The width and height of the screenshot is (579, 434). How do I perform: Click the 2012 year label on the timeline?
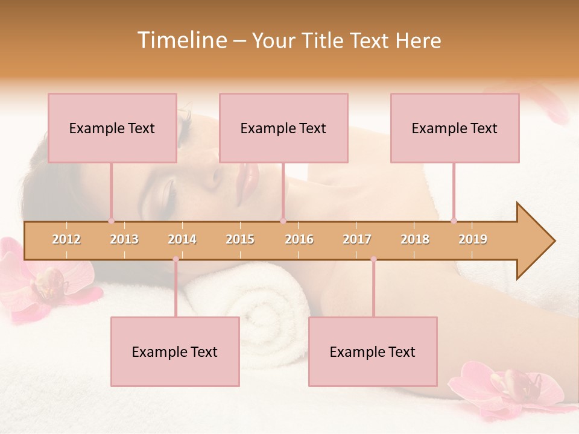[66, 239]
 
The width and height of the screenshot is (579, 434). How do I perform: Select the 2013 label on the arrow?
[124, 239]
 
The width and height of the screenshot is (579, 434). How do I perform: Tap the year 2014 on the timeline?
[182, 239]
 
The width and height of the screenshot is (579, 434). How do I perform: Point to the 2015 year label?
[240, 239]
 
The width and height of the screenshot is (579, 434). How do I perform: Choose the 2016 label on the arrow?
[299, 239]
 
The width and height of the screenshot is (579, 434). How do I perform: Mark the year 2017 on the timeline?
[357, 239]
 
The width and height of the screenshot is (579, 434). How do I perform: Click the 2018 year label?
[415, 239]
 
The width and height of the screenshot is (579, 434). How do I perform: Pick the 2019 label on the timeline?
[473, 239]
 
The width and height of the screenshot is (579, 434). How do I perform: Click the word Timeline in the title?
[181, 40]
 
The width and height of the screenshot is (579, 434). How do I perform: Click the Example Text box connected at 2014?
[175, 351]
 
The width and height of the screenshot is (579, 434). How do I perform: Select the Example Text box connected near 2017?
[373, 351]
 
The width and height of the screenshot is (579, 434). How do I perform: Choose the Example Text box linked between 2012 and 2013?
[112, 128]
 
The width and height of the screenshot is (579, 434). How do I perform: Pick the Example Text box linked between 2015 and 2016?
[283, 128]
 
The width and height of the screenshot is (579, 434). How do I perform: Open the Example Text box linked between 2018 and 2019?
[455, 128]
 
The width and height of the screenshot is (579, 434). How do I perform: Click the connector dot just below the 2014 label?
[176, 259]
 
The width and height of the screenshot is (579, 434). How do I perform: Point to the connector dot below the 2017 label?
[373, 259]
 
